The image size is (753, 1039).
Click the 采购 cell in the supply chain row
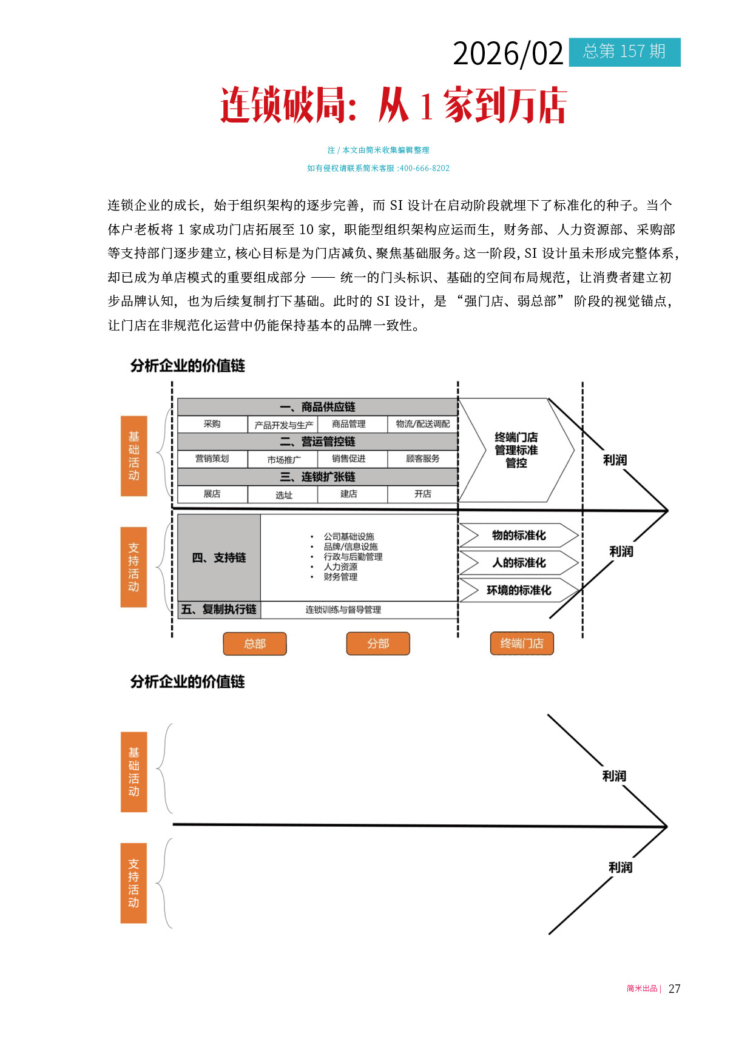tap(212, 424)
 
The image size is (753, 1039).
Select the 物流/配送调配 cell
tap(422, 424)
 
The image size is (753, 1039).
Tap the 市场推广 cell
tap(283, 459)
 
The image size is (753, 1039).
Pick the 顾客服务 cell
tap(422, 459)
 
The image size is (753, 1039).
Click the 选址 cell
tap(283, 494)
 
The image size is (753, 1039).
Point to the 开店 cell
tap(422, 494)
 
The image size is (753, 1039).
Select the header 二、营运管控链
tap(317, 442)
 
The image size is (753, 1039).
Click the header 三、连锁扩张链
tap(317, 477)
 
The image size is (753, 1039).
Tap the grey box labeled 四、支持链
tap(219, 557)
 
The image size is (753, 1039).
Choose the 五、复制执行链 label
tap(219, 609)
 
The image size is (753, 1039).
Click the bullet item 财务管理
tap(340, 577)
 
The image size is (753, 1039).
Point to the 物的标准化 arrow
tap(518, 535)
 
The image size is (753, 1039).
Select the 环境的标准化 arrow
tap(518, 590)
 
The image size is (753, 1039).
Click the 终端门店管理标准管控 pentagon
tap(516, 450)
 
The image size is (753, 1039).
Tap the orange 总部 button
tap(255, 644)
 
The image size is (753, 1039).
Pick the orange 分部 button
tap(378, 644)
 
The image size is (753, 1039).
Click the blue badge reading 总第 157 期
tap(624, 52)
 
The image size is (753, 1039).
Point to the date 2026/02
tap(508, 54)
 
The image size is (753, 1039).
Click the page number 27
tap(674, 989)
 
